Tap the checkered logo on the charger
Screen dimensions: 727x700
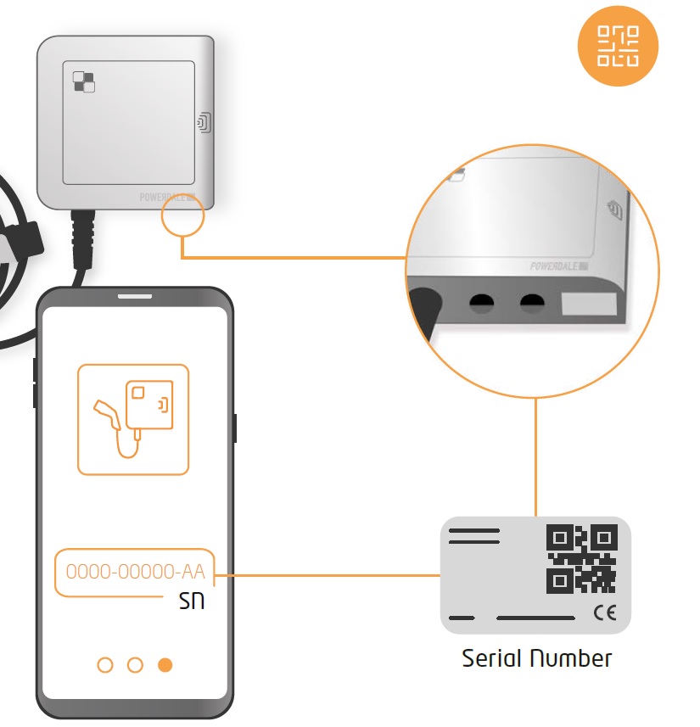84,81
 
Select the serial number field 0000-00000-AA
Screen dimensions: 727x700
136,572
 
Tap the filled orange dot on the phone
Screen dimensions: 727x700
165,665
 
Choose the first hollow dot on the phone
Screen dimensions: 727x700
105,665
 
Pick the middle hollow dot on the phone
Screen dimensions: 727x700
135,665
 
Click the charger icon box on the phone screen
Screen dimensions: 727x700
133,419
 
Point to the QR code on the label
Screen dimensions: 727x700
581,558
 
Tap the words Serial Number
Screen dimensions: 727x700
536,658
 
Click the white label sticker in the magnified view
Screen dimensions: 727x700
591,305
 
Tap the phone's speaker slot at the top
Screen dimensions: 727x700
134,298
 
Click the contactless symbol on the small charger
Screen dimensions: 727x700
204,123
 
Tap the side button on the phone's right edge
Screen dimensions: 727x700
234,428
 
